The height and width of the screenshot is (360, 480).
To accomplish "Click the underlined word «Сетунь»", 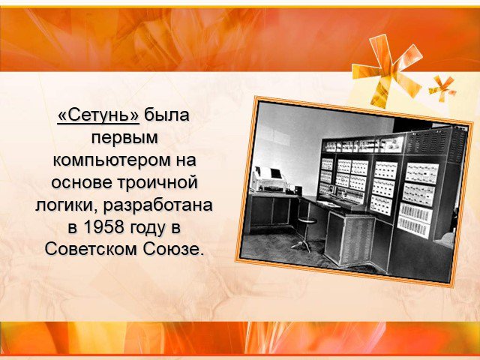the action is click(98, 115).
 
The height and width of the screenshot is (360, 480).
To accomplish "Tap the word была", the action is click(166, 115).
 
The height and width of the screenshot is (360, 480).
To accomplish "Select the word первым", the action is click(124, 139).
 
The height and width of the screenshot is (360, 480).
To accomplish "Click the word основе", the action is click(82, 182).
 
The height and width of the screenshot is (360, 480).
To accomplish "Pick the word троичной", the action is click(157, 183).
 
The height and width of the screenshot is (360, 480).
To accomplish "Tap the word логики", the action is click(67, 205).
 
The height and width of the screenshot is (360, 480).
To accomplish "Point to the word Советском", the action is click(91, 250).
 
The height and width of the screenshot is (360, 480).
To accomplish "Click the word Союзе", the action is click(172, 250).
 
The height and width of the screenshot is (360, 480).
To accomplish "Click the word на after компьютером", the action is click(186, 160).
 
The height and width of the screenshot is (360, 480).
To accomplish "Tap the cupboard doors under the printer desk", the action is click(270, 211).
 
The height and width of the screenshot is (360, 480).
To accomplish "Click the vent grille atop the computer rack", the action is click(436, 144).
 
